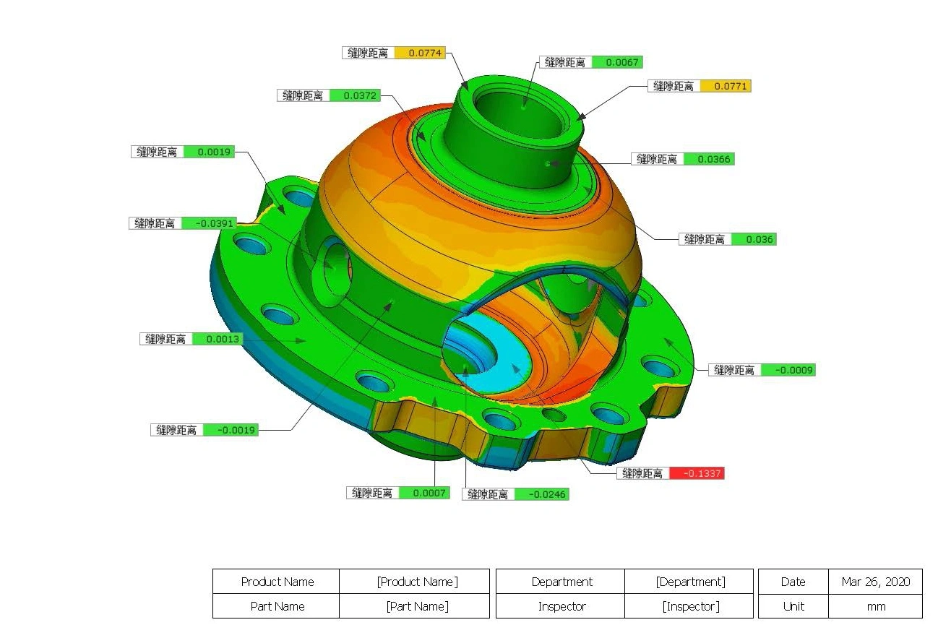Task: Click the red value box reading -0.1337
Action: click(x=696, y=473)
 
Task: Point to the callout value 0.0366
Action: click(x=708, y=159)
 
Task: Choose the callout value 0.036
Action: click(x=753, y=239)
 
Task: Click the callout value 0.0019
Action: click(x=208, y=152)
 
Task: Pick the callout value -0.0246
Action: click(x=541, y=494)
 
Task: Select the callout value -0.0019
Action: click(x=230, y=430)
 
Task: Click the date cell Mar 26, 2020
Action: click(x=875, y=582)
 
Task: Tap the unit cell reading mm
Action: click(x=875, y=606)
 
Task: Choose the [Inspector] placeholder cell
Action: click(x=690, y=606)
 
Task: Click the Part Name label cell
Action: click(x=277, y=606)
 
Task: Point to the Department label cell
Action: click(x=561, y=582)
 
